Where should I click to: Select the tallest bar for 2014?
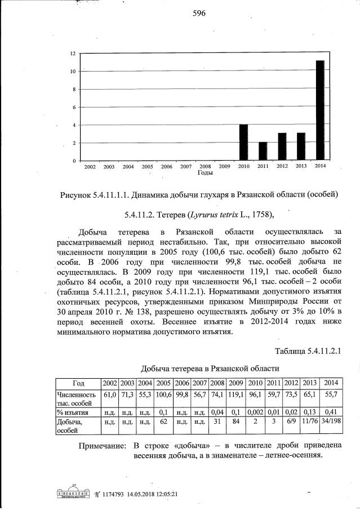[x=319, y=110]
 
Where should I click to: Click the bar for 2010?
[x=243, y=143]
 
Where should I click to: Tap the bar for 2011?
[x=263, y=151]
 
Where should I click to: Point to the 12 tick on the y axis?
[x=73, y=54]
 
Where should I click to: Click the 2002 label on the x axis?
[x=90, y=167]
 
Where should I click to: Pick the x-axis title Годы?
[x=205, y=173]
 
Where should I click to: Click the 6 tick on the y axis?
[x=74, y=108]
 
